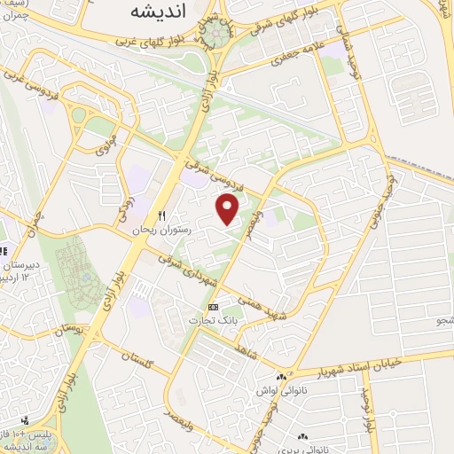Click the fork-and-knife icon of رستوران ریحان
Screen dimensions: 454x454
pyautogui.click(x=162, y=215)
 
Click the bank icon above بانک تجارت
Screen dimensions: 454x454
pyautogui.click(x=211, y=307)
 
